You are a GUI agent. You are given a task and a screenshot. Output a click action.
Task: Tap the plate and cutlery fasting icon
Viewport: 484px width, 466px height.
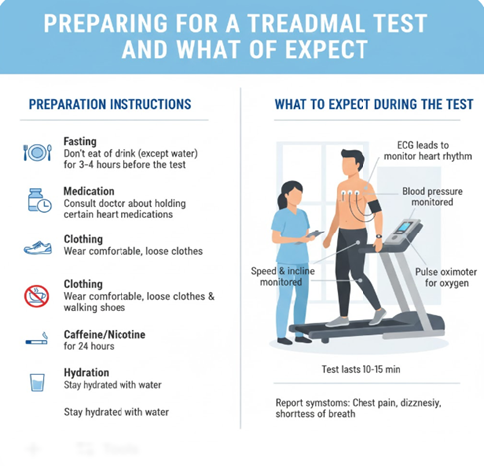click(37, 153)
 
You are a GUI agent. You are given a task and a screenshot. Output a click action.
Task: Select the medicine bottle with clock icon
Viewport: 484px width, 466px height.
click(39, 200)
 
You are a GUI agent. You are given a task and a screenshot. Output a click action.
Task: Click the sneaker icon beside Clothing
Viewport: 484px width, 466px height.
click(38, 248)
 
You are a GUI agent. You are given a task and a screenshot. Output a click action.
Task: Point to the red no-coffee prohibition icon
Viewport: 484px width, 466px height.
click(37, 296)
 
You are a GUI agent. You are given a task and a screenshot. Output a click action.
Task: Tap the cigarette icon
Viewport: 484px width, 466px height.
click(37, 338)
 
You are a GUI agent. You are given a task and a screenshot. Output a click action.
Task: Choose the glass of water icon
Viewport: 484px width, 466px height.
click(37, 382)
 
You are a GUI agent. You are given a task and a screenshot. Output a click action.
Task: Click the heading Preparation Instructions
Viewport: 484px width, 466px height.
click(110, 104)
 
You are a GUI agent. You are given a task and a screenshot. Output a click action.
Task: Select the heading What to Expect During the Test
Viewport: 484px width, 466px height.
click(373, 104)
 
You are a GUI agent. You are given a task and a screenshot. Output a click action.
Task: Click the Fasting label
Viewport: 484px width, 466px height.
click(80, 141)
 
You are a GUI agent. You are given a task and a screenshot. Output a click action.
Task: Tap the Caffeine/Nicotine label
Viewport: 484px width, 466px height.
click(105, 334)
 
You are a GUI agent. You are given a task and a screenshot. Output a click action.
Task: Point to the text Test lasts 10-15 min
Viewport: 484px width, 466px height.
click(361, 369)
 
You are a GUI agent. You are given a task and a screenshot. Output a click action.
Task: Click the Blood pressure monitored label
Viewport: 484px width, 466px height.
click(432, 197)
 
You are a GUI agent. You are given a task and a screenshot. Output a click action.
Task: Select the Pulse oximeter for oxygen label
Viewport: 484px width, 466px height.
click(446, 277)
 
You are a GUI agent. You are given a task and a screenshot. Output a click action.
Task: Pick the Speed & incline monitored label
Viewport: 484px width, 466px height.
click(283, 276)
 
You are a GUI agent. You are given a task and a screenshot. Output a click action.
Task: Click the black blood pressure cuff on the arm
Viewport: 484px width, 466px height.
click(374, 207)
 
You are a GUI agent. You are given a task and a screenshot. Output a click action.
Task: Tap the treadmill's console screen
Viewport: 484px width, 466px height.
click(404, 227)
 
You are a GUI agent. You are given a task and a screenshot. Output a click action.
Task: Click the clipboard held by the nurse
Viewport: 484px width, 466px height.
click(314, 233)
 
